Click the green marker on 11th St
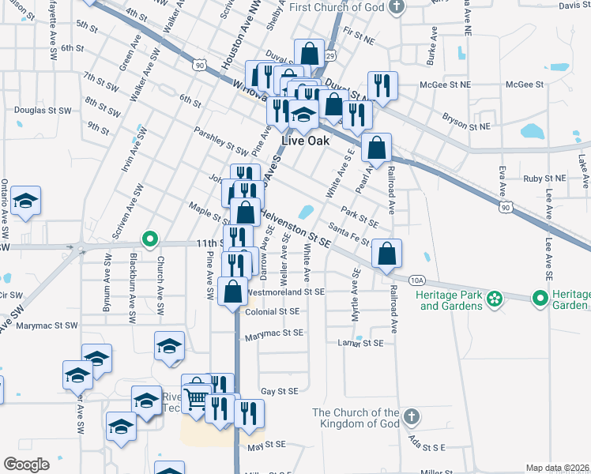(149, 238)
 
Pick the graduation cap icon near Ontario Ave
(26, 201)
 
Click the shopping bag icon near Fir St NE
(309, 54)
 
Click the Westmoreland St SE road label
(286, 292)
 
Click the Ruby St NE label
(544, 179)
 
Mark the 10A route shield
(417, 280)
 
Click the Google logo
(26, 465)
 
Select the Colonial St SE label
(272, 312)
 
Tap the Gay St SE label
(280, 391)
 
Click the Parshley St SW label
(226, 142)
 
